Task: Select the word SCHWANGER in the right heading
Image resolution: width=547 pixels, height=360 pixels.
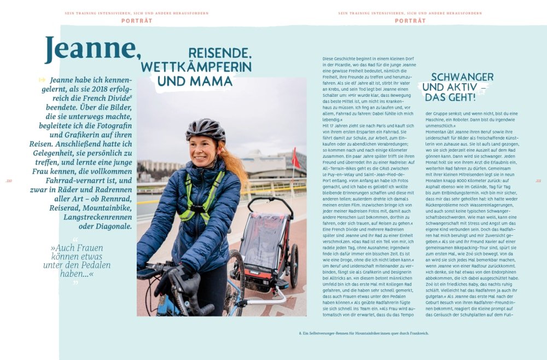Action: pyautogui.click(x=462, y=77)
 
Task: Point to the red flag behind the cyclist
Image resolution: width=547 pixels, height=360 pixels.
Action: pyautogui.click(x=295, y=158)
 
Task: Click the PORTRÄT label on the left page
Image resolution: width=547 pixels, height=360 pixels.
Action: pyautogui.click(x=137, y=21)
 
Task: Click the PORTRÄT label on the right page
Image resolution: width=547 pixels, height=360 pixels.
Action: pyautogui.click(x=410, y=21)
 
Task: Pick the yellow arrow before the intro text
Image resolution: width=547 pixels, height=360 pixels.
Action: pyautogui.click(x=42, y=80)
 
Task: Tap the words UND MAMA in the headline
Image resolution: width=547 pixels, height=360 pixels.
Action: pyautogui.click(x=195, y=81)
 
